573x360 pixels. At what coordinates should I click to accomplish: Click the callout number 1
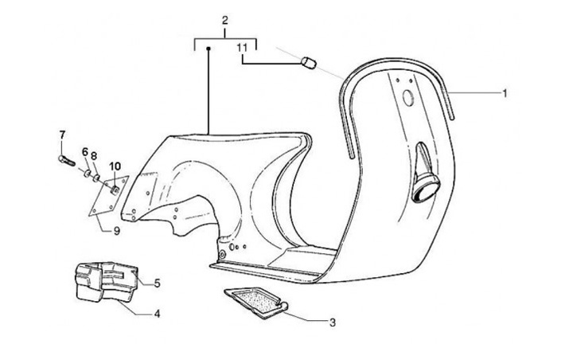click(504, 94)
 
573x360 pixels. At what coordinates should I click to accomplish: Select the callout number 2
click(225, 19)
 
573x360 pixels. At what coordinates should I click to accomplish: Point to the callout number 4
click(157, 314)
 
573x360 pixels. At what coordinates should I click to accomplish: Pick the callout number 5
click(157, 283)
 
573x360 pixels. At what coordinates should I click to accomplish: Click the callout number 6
click(84, 151)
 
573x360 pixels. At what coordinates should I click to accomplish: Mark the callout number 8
click(93, 155)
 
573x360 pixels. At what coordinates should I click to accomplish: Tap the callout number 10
click(115, 166)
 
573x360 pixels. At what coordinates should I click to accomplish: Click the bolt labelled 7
click(66, 162)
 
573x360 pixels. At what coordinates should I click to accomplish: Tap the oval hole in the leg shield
click(407, 99)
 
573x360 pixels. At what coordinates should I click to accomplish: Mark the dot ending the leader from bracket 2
click(209, 49)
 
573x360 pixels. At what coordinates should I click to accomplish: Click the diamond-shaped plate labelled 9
click(101, 199)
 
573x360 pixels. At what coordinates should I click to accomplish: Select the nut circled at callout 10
click(115, 188)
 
